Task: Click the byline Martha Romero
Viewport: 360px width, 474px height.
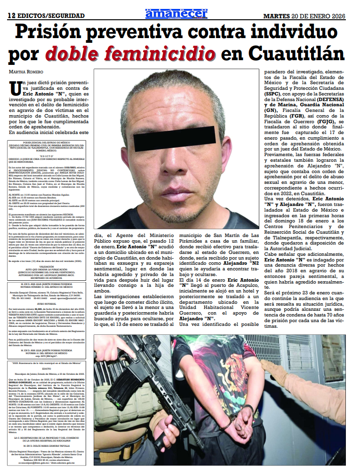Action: (x=28, y=71)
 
